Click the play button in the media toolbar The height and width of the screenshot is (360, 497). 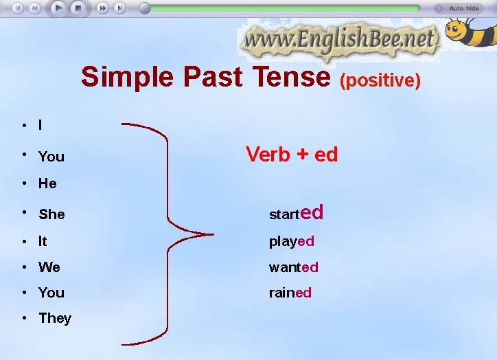click(x=58, y=8)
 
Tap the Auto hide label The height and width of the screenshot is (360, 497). click(x=464, y=9)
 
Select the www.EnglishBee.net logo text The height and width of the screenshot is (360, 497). click(x=340, y=40)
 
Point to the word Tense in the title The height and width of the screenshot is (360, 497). click(x=291, y=77)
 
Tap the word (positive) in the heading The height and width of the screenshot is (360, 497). click(x=380, y=81)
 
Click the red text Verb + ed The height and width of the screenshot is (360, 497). click(x=292, y=154)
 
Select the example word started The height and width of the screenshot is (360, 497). click(x=296, y=213)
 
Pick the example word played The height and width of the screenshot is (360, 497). click(x=291, y=241)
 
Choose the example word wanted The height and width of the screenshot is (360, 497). click(x=293, y=267)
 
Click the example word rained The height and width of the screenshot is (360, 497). click(x=290, y=293)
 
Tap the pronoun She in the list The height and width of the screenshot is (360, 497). click(x=51, y=214)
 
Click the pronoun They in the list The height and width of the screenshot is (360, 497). click(x=55, y=318)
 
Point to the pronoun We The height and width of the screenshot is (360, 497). click(x=49, y=267)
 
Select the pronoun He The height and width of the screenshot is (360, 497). click(x=47, y=183)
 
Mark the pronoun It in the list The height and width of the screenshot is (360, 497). click(x=43, y=241)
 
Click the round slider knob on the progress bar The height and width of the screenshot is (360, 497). click(x=145, y=8)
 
